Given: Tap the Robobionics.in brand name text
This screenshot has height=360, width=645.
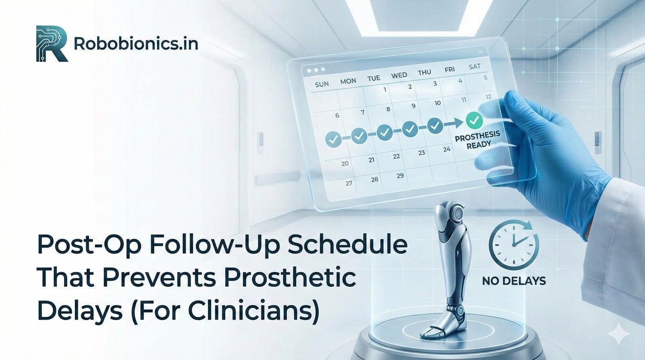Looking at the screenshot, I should [136, 44].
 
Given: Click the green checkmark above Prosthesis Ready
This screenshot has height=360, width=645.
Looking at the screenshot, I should [474, 120].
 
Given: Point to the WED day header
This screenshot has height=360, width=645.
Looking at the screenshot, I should [399, 75].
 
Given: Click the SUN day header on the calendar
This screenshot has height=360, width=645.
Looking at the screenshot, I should [322, 84].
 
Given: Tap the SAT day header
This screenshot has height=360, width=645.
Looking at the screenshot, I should [474, 67].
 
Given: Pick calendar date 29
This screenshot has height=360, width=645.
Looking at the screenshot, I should [400, 175].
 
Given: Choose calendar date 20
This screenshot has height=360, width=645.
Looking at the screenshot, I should [345, 163].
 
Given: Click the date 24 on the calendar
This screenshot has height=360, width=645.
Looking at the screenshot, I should [447, 149].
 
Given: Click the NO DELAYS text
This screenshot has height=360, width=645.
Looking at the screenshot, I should [514, 281].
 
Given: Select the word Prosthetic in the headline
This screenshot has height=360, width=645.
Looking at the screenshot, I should [290, 277].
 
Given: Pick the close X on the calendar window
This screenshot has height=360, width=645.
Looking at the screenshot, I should [481, 52].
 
